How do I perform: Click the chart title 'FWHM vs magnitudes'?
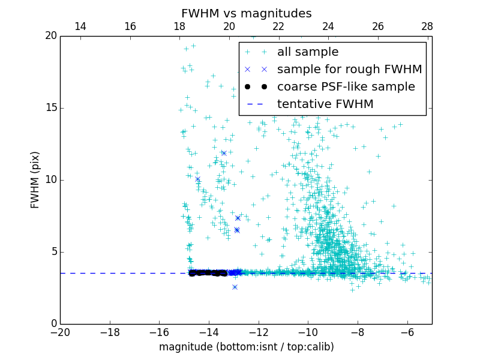(246, 13)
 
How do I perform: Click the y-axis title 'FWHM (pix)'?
(35, 180)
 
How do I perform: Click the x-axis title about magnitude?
(246, 347)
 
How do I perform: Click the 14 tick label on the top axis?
(80, 26)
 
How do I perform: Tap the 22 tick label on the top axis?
(278, 26)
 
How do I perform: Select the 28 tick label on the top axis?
(427, 26)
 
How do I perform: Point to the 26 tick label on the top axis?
(377, 26)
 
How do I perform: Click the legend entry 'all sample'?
(308, 52)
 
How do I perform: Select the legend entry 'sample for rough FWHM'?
(349, 70)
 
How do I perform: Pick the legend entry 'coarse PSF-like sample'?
(346, 87)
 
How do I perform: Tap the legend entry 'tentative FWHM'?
(325, 104)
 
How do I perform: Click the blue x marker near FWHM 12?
(224, 153)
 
